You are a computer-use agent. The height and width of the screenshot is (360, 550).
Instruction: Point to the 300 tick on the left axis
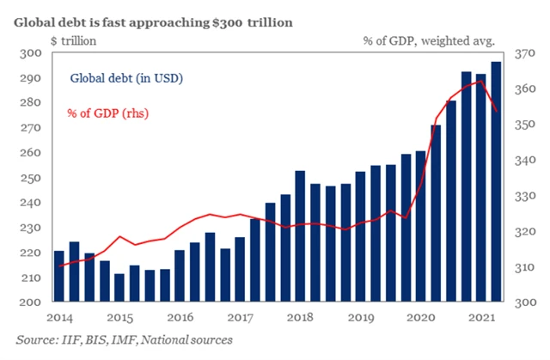pos(30,53)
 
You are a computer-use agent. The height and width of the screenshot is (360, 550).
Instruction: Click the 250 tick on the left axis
pos(30,178)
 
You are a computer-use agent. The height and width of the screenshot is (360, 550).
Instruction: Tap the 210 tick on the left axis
pos(30,278)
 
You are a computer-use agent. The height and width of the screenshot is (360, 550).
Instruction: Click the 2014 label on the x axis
pos(59,317)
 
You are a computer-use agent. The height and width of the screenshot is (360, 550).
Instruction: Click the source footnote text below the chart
pos(124,340)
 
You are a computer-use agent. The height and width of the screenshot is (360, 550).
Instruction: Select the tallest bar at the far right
pos(497,180)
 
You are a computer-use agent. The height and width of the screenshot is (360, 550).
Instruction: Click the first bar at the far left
pos(59,276)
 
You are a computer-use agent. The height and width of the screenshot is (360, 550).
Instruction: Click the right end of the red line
pos(497,110)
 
